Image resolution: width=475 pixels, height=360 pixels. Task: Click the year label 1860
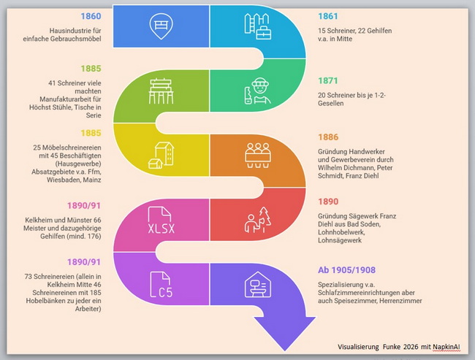(91, 16)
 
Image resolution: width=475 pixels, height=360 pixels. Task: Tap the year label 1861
(328, 16)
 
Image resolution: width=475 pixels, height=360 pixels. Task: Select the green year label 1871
(328, 80)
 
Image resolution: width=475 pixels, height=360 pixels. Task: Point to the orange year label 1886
(328, 137)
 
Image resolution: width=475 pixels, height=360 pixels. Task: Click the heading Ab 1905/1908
(346, 269)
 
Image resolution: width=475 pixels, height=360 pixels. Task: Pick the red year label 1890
(328, 202)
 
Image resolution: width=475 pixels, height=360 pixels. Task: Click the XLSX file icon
(161, 220)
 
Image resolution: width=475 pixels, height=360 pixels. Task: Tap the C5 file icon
(161, 284)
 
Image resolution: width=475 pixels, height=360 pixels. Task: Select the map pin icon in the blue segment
(161, 26)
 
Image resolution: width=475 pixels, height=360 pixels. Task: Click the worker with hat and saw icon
(257, 91)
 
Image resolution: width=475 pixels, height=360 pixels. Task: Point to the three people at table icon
(258, 156)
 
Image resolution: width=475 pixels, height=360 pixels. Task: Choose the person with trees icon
(258, 220)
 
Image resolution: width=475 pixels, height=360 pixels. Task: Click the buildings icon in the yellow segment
(161, 156)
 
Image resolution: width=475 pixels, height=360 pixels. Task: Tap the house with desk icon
(258, 284)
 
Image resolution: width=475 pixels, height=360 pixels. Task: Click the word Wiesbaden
(61, 180)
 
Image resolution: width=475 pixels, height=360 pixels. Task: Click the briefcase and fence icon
(258, 26)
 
